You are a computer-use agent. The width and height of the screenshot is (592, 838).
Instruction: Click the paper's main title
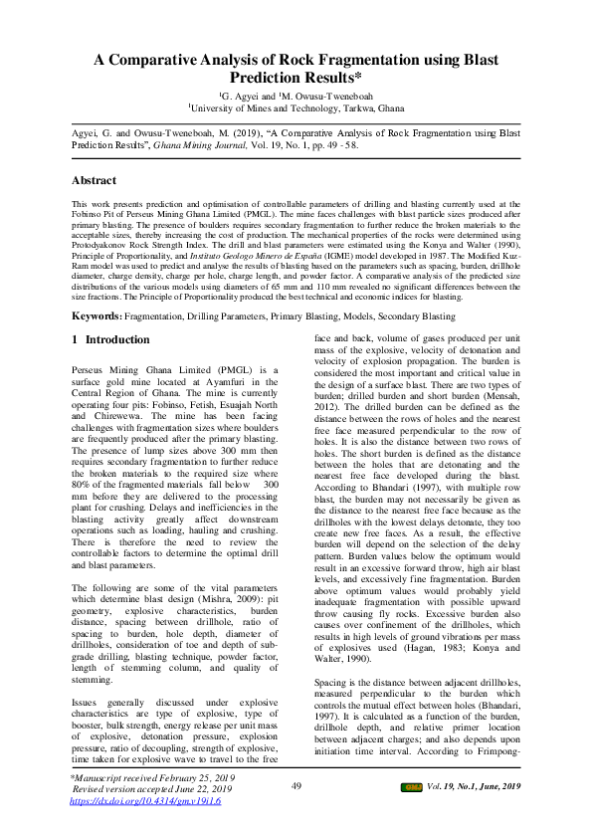pyautogui.click(x=296, y=68)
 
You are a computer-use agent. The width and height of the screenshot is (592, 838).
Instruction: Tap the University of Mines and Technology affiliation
pyautogui.click(x=296, y=106)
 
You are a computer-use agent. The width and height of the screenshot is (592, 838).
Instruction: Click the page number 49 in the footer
pyautogui.click(x=296, y=814)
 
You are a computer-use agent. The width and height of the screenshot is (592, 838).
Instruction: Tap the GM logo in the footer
pyautogui.click(x=410, y=815)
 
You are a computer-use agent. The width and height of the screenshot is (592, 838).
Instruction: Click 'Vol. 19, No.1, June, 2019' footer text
pyautogui.click(x=474, y=815)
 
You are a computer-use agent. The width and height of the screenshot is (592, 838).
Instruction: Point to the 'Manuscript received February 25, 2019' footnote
pyautogui.click(x=152, y=803)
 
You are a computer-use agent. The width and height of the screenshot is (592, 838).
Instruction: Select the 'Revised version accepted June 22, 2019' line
pyautogui.click(x=150, y=816)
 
